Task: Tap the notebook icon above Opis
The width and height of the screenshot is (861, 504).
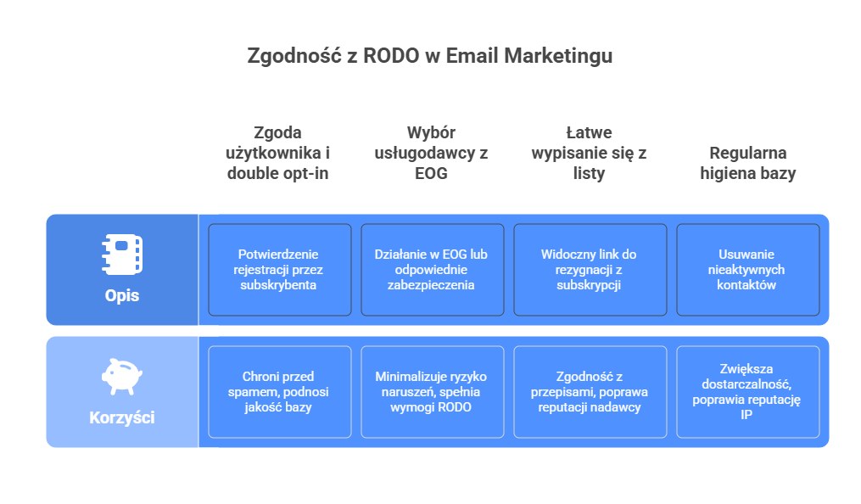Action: click(x=123, y=252)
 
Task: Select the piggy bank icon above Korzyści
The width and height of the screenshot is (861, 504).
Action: click(x=122, y=373)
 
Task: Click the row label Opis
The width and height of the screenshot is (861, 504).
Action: click(x=122, y=296)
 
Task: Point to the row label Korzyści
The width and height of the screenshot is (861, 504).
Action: click(x=122, y=417)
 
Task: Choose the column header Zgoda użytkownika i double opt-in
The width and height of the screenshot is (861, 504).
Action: click(x=277, y=153)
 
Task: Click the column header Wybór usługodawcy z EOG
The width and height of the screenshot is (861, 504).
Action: click(x=431, y=153)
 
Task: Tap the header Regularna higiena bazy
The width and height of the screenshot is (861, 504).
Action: click(x=747, y=163)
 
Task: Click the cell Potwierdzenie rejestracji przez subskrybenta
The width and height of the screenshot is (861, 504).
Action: click(x=279, y=270)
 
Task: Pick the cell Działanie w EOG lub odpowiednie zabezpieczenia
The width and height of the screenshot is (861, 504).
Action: click(x=432, y=270)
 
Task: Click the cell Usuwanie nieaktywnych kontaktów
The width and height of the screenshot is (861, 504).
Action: click(x=747, y=270)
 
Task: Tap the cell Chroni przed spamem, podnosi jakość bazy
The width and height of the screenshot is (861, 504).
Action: click(x=279, y=391)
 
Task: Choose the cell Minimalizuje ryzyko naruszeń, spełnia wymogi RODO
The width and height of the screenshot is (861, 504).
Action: click(x=432, y=391)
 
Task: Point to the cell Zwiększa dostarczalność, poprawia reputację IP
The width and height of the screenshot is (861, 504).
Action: click(x=747, y=391)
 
